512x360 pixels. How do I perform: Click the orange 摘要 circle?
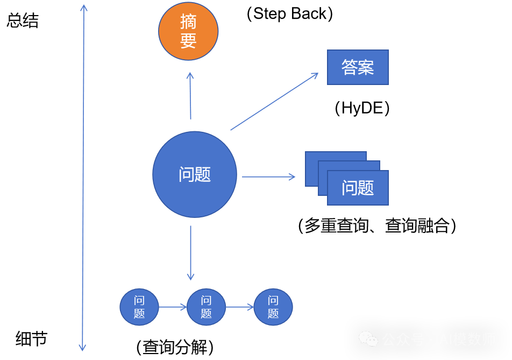pyautogui.click(x=188, y=31)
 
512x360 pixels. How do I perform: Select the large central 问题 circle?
pyautogui.click(x=194, y=174)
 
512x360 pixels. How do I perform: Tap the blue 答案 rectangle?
pyautogui.click(x=358, y=67)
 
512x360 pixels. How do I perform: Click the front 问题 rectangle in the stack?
pyautogui.click(x=358, y=188)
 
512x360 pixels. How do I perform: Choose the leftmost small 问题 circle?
pyautogui.click(x=139, y=307)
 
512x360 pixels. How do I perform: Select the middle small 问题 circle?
pyautogui.click(x=206, y=307)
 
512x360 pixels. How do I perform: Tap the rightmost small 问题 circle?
pyautogui.click(x=273, y=307)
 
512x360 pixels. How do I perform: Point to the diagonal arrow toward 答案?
pyautogui.click(x=274, y=102)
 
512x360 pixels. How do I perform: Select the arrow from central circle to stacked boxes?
pyautogui.click(x=268, y=177)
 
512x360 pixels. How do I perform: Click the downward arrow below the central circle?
pyautogui.click(x=190, y=253)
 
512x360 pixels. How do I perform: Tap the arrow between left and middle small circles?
pyautogui.click(x=173, y=307)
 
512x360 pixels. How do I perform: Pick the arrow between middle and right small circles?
pyautogui.click(x=240, y=307)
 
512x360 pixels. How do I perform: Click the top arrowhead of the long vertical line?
pyautogui.click(x=83, y=8)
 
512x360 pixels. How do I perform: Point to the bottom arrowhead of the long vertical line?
pyautogui.click(x=82, y=347)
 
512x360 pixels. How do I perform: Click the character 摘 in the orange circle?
pyautogui.click(x=188, y=22)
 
